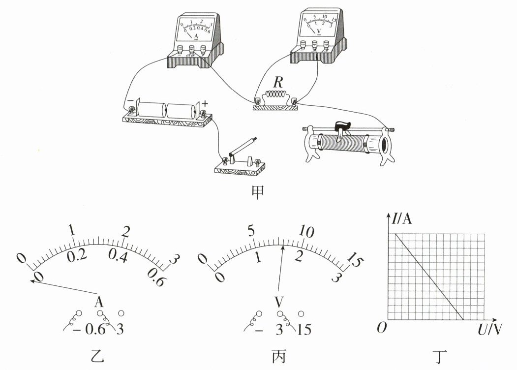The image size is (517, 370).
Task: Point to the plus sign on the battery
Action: tap(205, 104)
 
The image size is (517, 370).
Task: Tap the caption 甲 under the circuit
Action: tap(258, 192)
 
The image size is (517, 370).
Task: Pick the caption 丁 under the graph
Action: tap(441, 357)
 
